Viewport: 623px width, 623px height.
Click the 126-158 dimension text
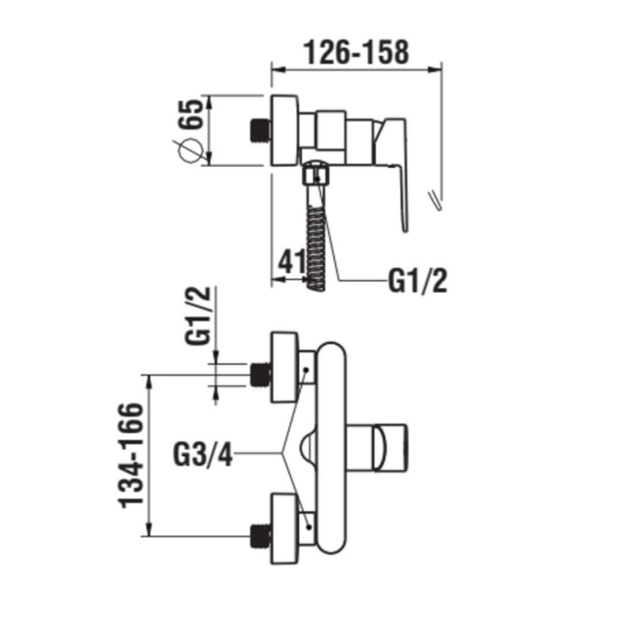[x=356, y=52]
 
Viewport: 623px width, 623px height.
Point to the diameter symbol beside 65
[x=190, y=151]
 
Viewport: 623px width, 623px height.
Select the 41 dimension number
[x=291, y=262]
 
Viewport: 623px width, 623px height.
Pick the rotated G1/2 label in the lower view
[x=197, y=316]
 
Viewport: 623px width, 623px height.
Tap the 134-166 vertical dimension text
[x=131, y=455]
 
